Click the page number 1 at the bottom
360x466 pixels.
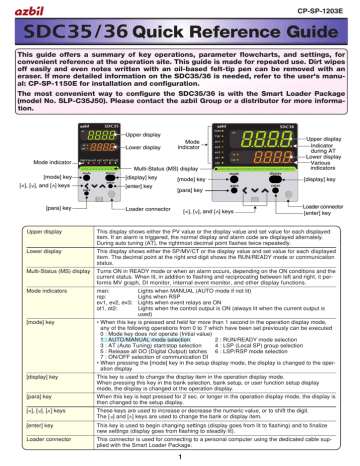click(x=179, y=453)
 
